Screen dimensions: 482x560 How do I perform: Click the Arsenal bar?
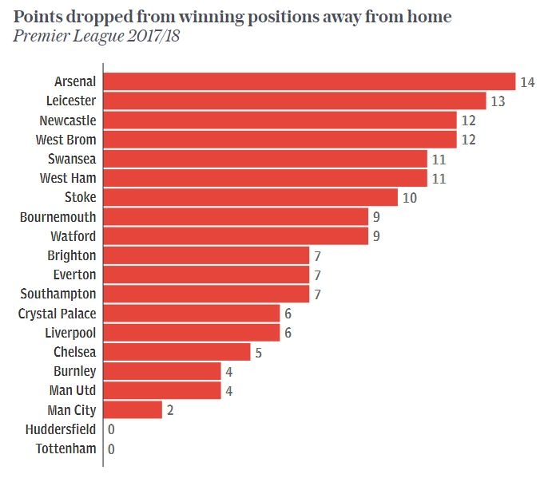tap(309, 81)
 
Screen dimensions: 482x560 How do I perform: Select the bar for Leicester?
tap(295, 101)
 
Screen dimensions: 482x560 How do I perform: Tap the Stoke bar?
tap(250, 197)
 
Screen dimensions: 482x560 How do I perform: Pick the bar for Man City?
tap(133, 410)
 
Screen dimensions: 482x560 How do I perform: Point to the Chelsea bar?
tap(177, 352)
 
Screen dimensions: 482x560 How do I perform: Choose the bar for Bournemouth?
tap(236, 217)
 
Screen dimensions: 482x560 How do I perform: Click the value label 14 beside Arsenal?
tap(526, 82)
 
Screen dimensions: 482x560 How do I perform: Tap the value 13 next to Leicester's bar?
tap(497, 101)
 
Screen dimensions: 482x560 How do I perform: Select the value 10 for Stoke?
tap(409, 198)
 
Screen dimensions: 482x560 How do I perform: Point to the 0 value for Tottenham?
tap(111, 449)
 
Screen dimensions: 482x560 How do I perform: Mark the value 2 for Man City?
tap(170, 411)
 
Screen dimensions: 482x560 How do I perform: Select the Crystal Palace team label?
tap(57, 314)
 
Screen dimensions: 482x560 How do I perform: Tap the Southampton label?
tap(58, 294)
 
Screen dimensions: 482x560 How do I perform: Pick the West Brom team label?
tap(66, 140)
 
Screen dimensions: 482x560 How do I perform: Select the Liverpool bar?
tap(192, 333)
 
